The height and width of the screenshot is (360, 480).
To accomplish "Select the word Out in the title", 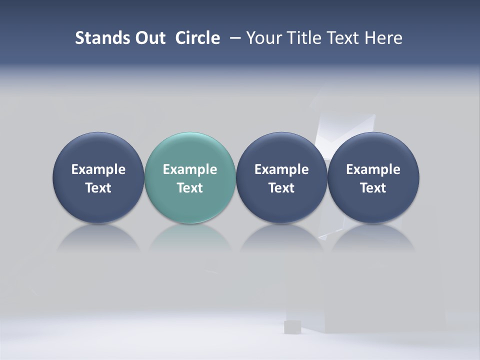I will tap(149, 38).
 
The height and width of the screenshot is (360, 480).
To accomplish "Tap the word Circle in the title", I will tap(197, 38).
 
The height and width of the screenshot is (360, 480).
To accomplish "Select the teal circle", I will tap(190, 177).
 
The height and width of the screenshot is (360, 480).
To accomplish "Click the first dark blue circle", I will tap(98, 177).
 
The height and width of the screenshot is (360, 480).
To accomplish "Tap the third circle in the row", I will tap(281, 177).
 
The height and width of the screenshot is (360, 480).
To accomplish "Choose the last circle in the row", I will tap(373, 177).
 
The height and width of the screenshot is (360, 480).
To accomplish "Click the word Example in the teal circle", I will tap(190, 169).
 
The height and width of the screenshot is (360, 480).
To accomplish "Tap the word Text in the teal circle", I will tap(190, 188).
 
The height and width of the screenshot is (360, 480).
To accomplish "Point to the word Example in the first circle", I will tap(98, 169).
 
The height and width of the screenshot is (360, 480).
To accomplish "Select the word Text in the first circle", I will tap(98, 188).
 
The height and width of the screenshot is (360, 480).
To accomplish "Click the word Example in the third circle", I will tap(281, 169).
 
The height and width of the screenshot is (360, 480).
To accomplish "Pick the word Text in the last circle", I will tap(373, 188).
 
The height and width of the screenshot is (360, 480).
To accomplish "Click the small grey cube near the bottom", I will tap(291, 327).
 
